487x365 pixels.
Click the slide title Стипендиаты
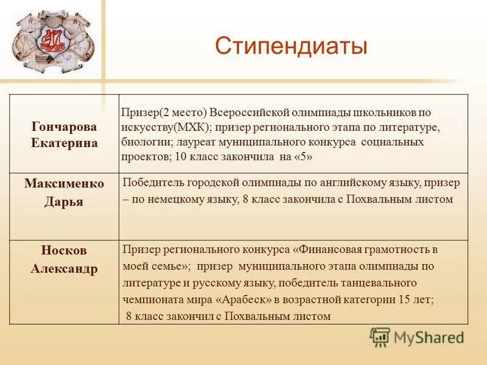click(x=291, y=46)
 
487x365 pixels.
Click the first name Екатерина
click(x=65, y=142)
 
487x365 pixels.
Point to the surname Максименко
click(x=65, y=184)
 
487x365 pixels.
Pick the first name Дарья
click(x=65, y=202)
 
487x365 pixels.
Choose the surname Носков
click(x=65, y=251)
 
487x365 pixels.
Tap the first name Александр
click(x=65, y=269)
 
